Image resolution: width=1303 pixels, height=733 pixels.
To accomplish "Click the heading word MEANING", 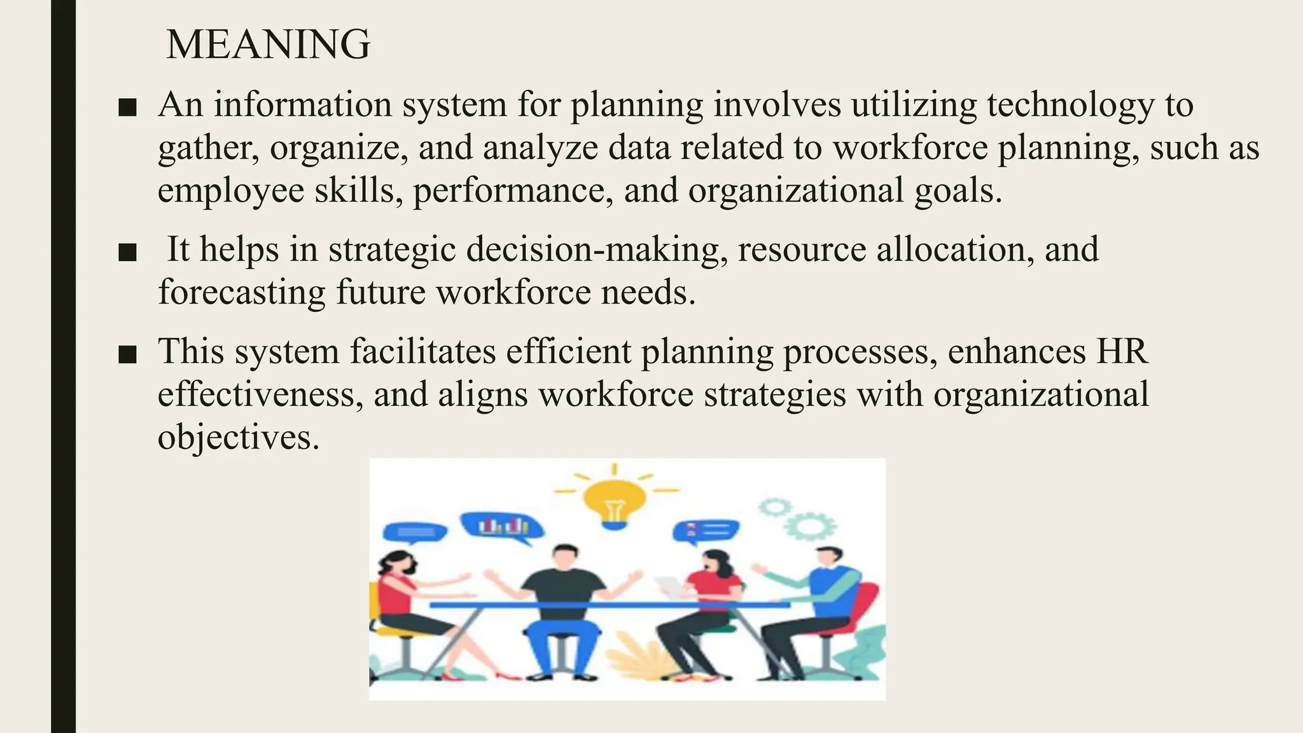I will pos(267,45).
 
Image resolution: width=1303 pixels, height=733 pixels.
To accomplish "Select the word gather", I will pos(207,148).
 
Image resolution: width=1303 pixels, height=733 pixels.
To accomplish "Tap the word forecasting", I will pos(241,293).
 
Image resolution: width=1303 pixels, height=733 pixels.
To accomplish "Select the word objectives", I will pos(238,438).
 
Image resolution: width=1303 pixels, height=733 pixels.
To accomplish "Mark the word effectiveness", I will pos(260,394).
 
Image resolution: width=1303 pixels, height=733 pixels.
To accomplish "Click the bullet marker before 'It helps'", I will pos(128,253).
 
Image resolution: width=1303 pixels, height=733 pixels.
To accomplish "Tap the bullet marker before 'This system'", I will pos(128,354).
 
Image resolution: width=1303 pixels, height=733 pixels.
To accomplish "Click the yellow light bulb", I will pos(614,503).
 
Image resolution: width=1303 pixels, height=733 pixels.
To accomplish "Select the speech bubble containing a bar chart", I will pos(503,526).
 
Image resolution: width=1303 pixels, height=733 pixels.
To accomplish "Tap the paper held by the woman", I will pos(670,585).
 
